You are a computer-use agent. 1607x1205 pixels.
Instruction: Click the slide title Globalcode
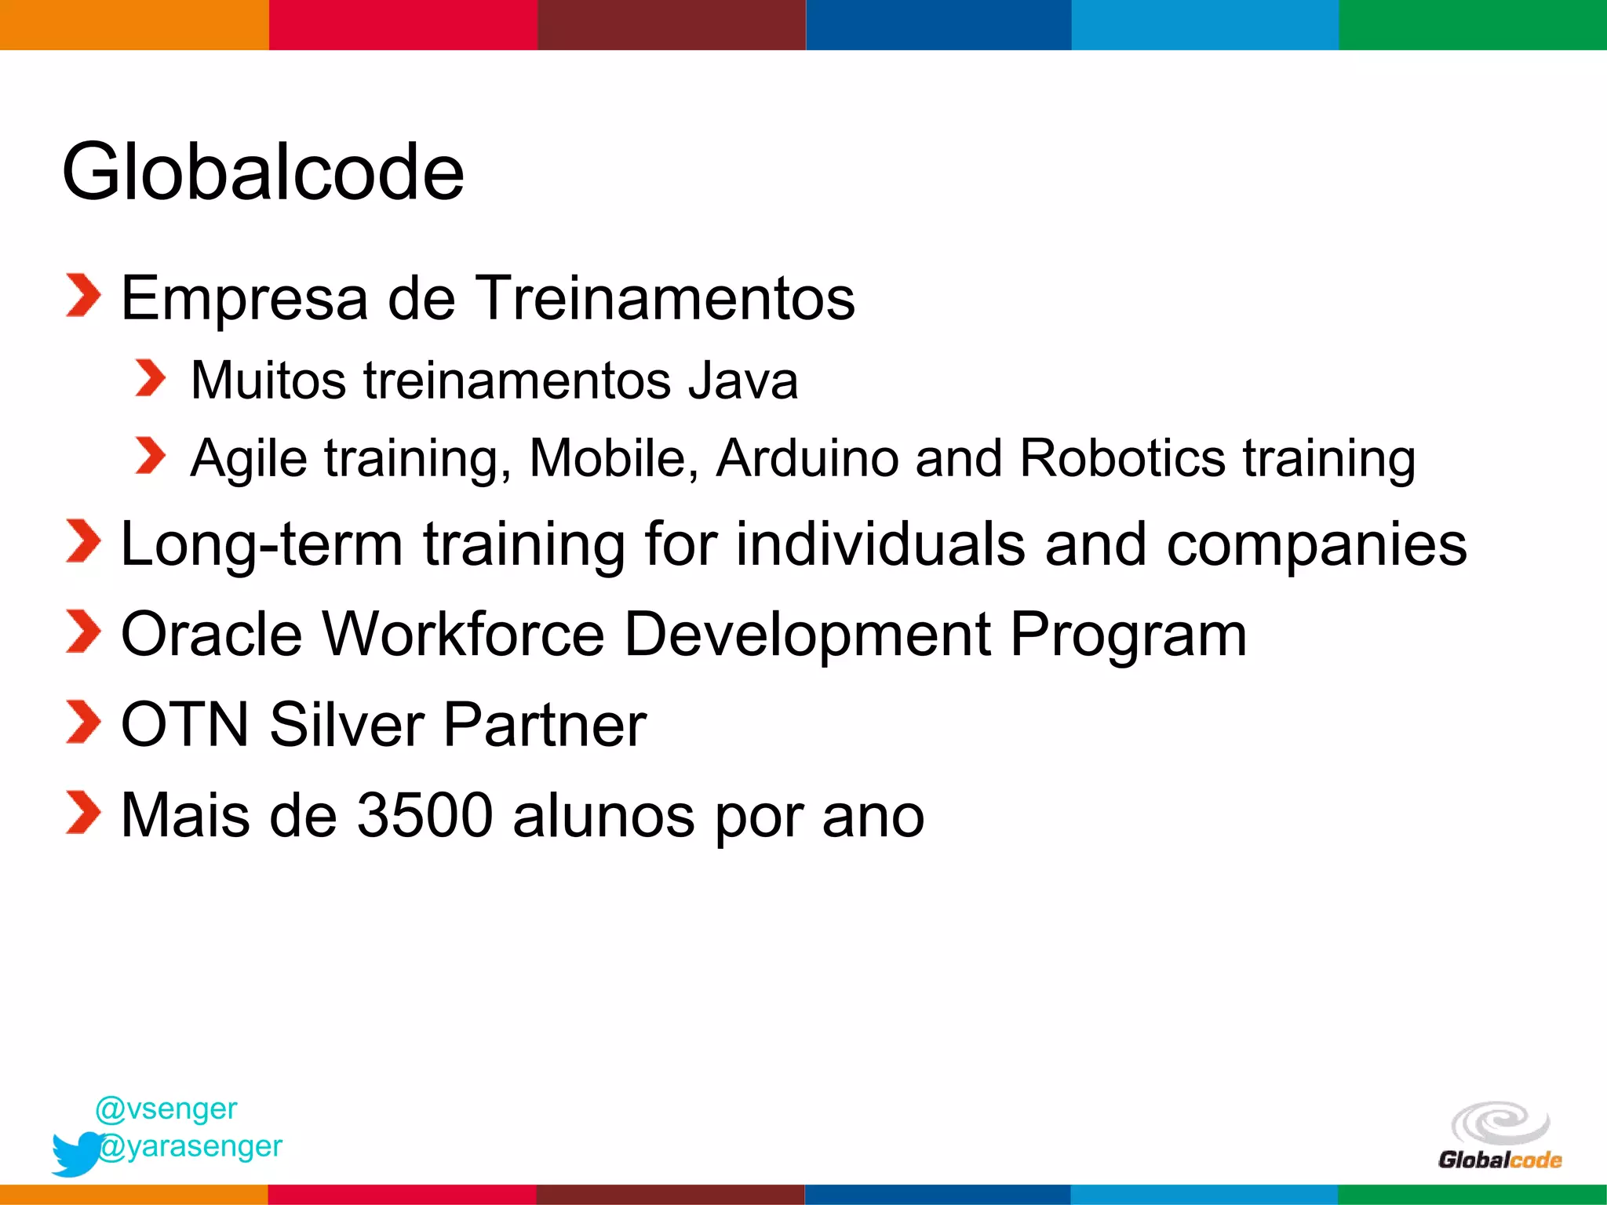click(x=263, y=172)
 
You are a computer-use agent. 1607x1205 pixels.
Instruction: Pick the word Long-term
click(x=261, y=544)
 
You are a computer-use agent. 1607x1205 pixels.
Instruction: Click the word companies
click(x=1316, y=545)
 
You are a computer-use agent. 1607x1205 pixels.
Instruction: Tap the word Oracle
click(x=211, y=634)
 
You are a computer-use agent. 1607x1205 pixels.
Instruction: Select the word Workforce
click(x=463, y=634)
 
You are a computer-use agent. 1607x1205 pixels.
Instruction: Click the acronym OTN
click(x=185, y=724)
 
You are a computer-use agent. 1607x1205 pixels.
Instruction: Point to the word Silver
click(x=348, y=724)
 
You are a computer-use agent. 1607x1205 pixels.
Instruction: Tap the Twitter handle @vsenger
click(x=166, y=1109)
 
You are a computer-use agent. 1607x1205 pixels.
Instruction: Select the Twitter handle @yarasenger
click(x=190, y=1146)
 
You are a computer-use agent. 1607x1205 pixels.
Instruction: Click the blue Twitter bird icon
click(x=75, y=1153)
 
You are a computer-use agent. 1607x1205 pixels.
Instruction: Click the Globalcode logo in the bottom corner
click(x=1500, y=1136)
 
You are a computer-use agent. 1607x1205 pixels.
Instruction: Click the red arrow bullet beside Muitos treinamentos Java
click(x=149, y=379)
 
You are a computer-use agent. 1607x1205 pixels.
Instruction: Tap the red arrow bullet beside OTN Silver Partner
click(x=83, y=723)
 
